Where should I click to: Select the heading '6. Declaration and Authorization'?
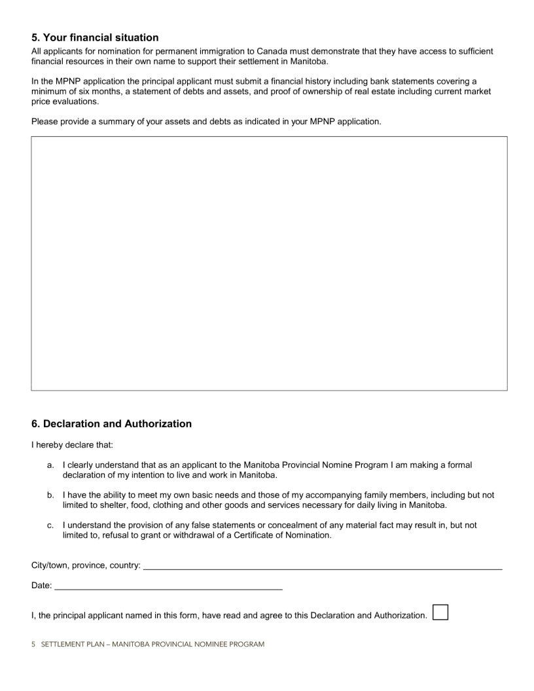pos(111,423)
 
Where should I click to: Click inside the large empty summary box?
pos(269,263)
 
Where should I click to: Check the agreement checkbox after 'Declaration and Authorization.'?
pos(440,612)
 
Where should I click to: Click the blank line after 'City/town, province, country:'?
pos(322,565)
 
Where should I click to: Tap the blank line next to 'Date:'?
pos(168,585)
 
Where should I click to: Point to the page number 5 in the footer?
pos(33,645)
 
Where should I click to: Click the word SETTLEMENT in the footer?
pos(62,645)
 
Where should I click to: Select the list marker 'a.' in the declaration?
pos(50,465)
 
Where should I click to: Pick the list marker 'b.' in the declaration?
pos(50,495)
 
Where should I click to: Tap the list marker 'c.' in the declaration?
pos(50,525)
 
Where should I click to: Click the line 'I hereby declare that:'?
pos(72,445)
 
